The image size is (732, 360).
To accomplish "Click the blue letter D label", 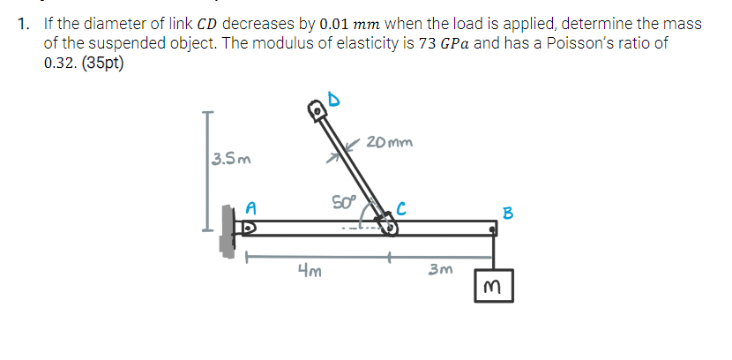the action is coord(333,100).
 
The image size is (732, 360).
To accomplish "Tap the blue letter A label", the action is coord(250,208).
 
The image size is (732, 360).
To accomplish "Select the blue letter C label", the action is coord(401,209).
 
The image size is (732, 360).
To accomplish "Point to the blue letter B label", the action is coord(507,213).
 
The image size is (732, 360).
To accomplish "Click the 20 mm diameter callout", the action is coord(390,141).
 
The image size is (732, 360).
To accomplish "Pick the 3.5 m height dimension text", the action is coord(231,160).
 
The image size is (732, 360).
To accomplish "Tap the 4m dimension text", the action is coord(310,270).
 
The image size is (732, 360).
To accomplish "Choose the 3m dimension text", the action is coord(441,269).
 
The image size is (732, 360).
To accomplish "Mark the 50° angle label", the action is coord(344,202).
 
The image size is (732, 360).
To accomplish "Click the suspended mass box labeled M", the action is coord(494,286).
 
